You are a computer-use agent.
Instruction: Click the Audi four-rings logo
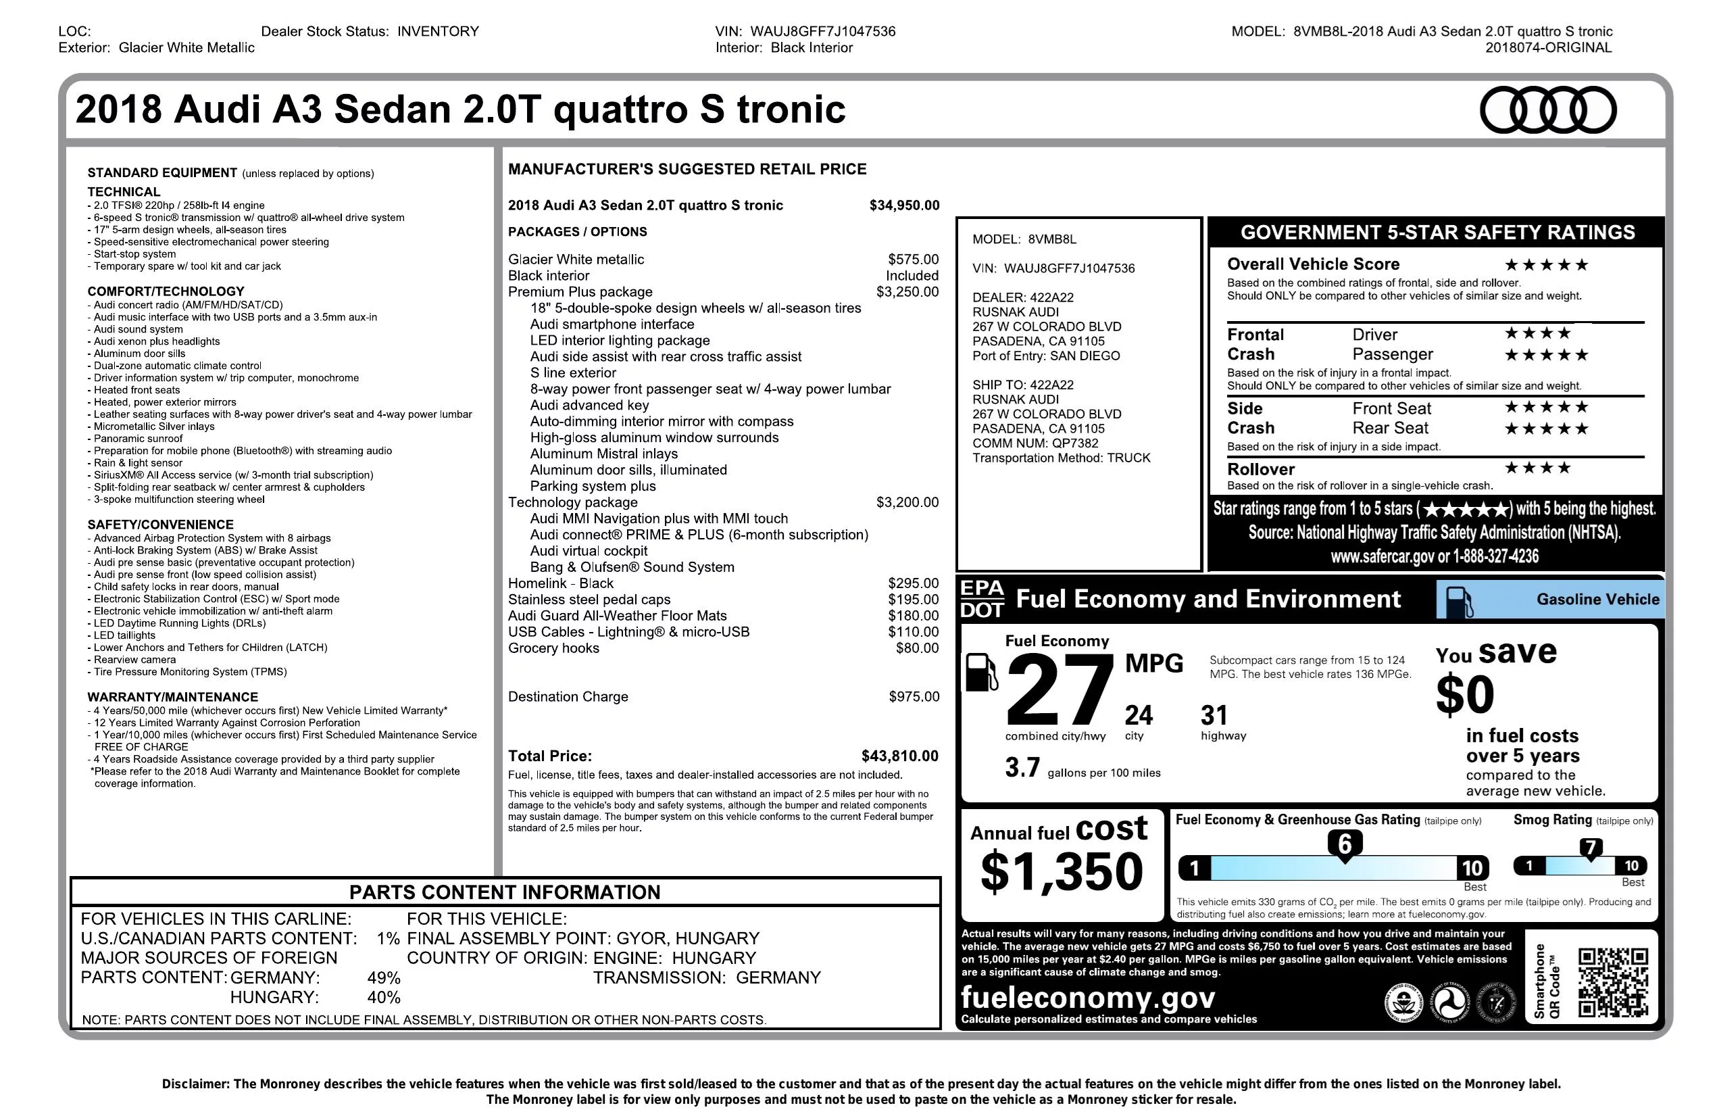[1547, 110]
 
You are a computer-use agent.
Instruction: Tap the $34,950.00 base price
[904, 205]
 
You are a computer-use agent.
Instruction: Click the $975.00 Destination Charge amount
[914, 697]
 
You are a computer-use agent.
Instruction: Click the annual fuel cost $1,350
[1061, 872]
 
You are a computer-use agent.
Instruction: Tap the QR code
[1613, 982]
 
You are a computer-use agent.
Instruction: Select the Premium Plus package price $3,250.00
[907, 292]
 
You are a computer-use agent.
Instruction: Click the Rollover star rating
[1537, 468]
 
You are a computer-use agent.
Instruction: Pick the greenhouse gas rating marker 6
[1345, 844]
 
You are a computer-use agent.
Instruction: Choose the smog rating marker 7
[1590, 848]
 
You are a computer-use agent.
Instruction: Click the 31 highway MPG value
[1214, 716]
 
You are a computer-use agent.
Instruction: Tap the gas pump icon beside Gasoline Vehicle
[1458, 601]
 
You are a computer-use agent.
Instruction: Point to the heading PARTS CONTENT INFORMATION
[505, 892]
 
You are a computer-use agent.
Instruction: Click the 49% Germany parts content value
[384, 977]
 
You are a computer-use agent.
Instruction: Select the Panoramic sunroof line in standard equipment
[138, 439]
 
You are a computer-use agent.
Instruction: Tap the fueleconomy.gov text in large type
[1087, 998]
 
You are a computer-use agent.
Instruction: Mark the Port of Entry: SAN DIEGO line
[1045, 356]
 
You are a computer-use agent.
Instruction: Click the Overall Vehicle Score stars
[1546, 265]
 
